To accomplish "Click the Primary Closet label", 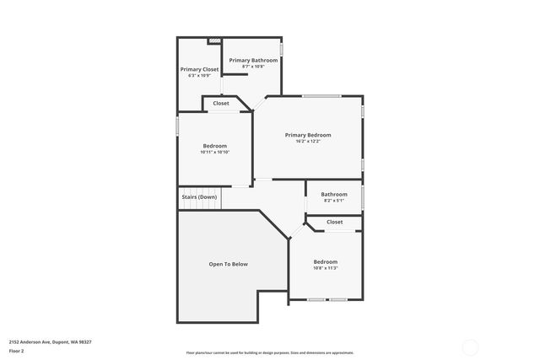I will click(199, 69).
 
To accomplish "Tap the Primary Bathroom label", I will click(253, 60).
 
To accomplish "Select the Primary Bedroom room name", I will click(307, 135).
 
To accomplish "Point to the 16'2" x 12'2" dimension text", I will click(307, 142).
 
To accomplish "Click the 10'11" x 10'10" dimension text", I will click(214, 153).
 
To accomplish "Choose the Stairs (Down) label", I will click(199, 197).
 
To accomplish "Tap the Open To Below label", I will click(228, 264).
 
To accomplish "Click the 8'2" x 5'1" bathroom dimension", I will click(333, 201).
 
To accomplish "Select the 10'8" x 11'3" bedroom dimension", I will click(325, 268).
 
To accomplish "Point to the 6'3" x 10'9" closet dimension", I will click(199, 76).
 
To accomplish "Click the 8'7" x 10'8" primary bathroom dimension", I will click(253, 67).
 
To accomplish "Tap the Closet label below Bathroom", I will click(334, 222).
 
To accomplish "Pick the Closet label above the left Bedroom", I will click(220, 104).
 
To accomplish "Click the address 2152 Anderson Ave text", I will click(50, 341).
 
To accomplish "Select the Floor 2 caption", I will click(18, 351).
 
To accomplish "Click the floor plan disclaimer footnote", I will click(270, 353).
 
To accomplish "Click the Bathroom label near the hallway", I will click(333, 194).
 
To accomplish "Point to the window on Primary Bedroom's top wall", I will click(321, 96).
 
